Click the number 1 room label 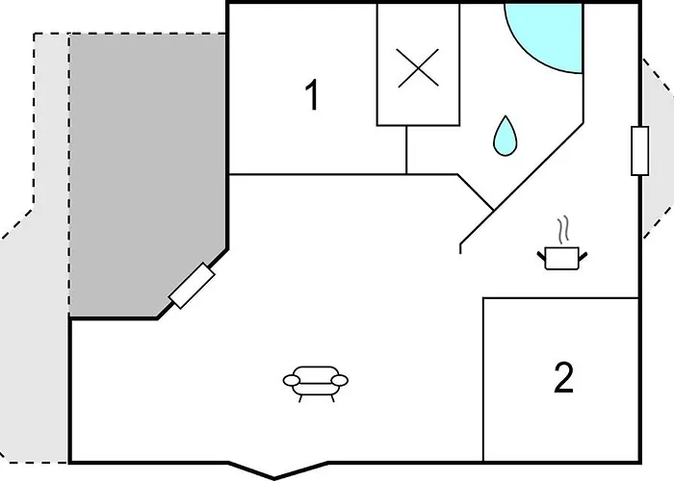(x=312, y=95)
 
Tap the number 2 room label (x=563, y=377)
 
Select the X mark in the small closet (x=418, y=68)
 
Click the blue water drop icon (x=505, y=136)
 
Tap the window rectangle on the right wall (x=639, y=151)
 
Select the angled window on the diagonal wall (x=192, y=286)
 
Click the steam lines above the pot (x=563, y=230)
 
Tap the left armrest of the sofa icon (x=291, y=380)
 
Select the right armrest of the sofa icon (x=340, y=380)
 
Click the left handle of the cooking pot (x=541, y=257)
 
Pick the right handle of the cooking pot (x=583, y=257)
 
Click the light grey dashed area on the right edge (x=657, y=148)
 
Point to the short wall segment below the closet (x=406, y=150)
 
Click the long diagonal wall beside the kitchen (x=522, y=185)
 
